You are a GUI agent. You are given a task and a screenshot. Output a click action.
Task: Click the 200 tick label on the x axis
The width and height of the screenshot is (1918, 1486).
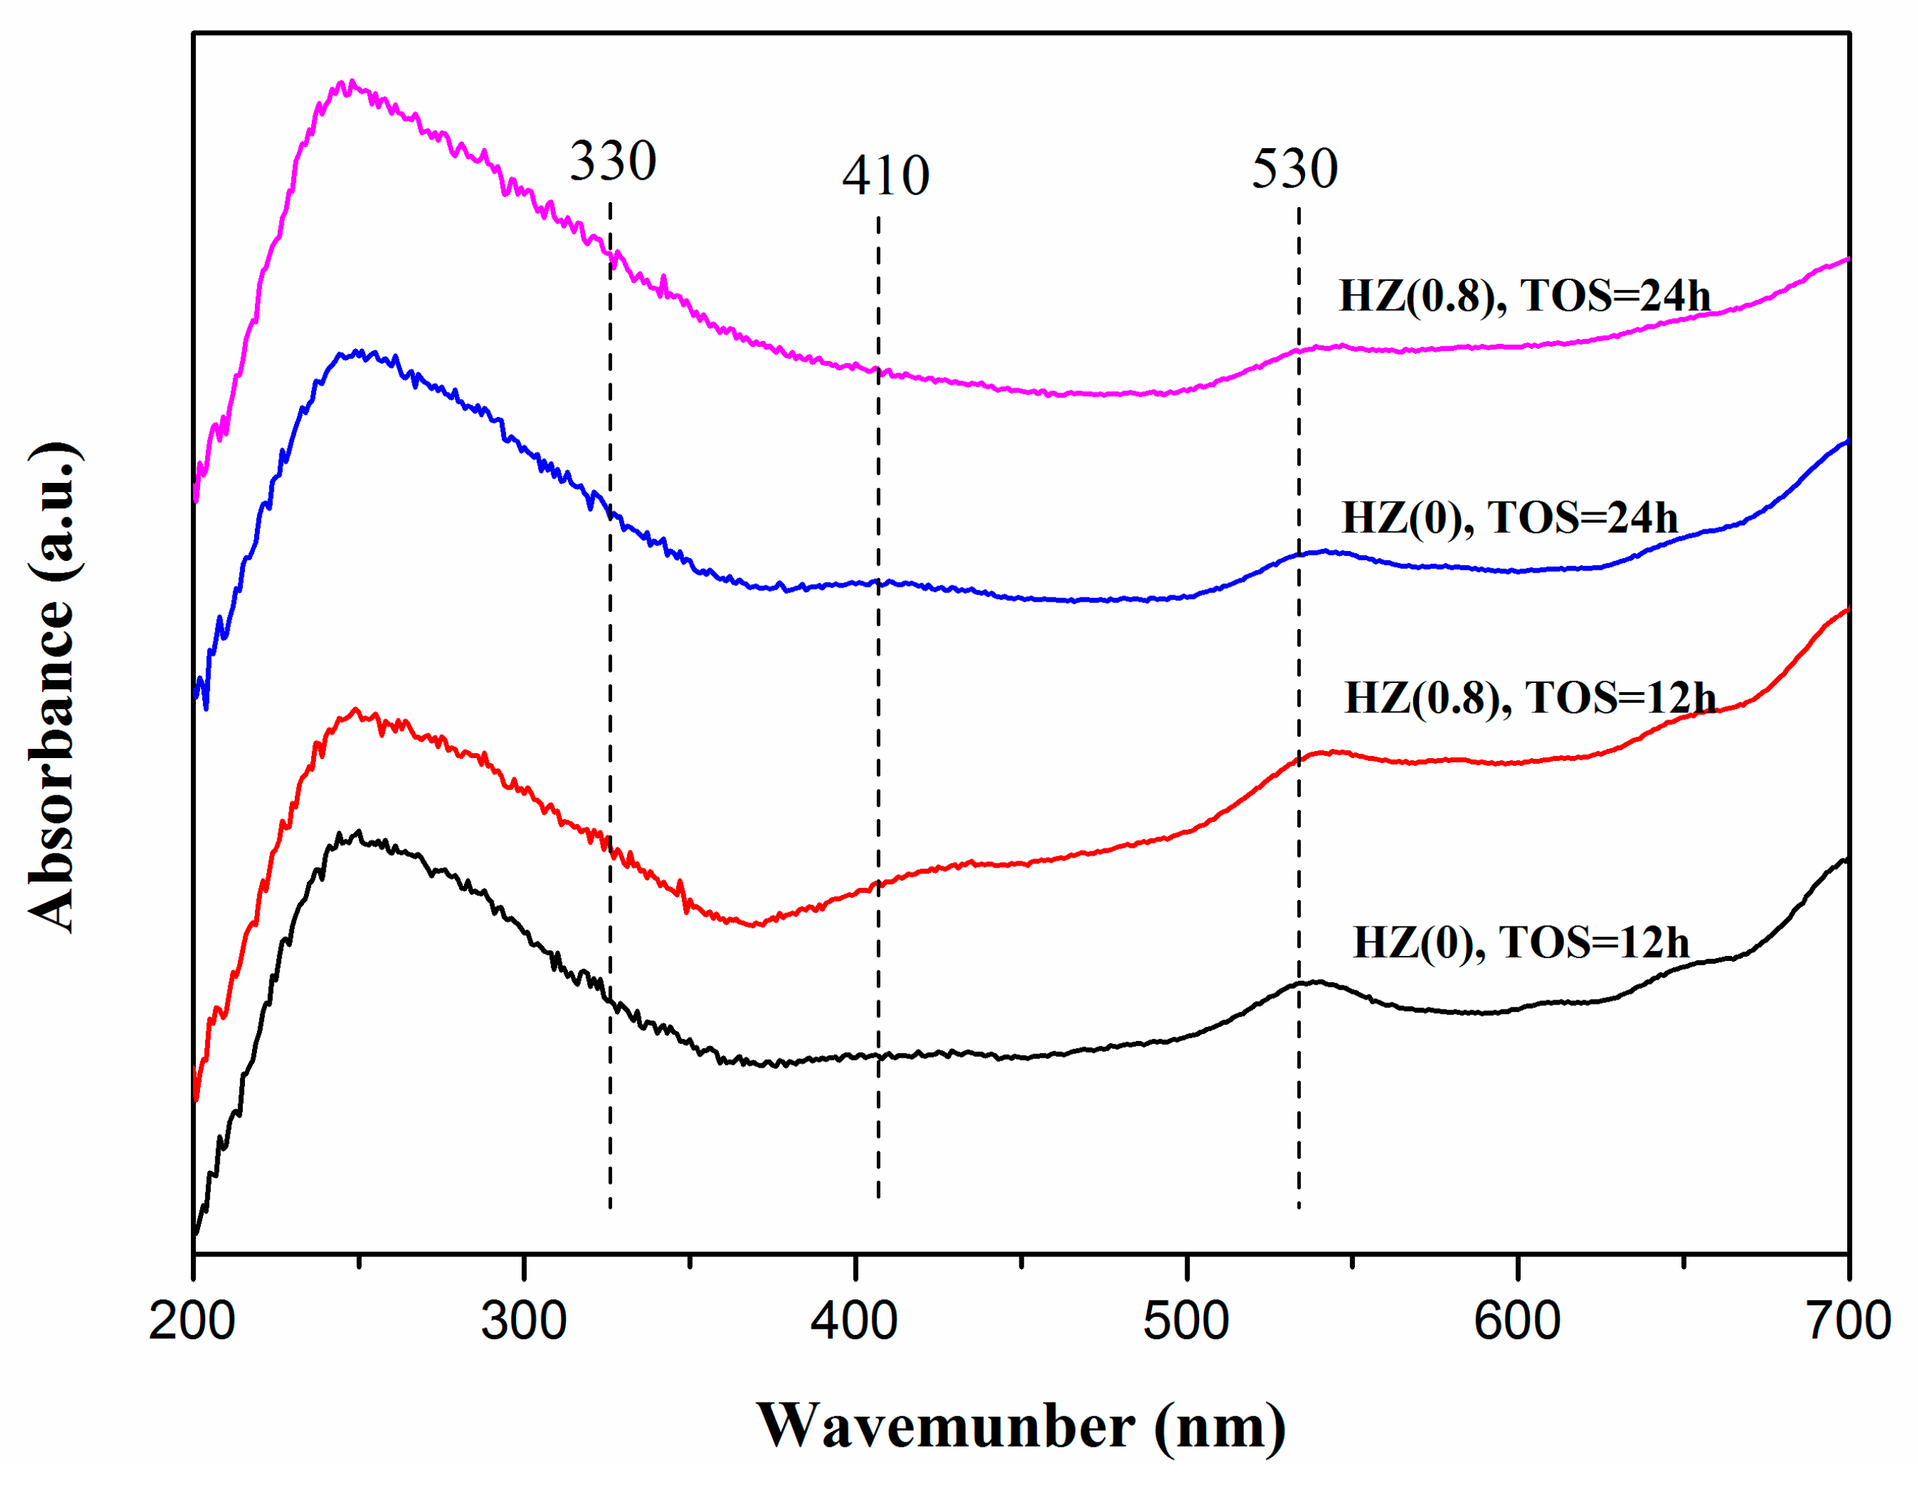pyautogui.click(x=192, y=1321)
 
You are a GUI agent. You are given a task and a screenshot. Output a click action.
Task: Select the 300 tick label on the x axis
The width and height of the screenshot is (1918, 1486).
pyautogui.click(x=524, y=1321)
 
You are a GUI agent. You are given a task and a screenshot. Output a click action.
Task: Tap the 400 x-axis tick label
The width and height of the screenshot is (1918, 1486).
pyautogui.click(x=854, y=1321)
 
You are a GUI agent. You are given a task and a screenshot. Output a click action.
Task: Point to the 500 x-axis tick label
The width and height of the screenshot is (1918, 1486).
pyautogui.click(x=1186, y=1321)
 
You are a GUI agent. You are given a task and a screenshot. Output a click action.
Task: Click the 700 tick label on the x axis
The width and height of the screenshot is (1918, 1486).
pyautogui.click(x=1848, y=1321)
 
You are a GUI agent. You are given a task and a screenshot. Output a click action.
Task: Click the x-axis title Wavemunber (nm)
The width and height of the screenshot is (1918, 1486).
pyautogui.click(x=1021, y=1426)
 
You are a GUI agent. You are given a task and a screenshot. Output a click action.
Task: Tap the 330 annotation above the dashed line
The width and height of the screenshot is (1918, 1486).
pyautogui.click(x=613, y=161)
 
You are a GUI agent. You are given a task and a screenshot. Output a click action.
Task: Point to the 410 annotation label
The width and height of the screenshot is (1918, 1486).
pyautogui.click(x=885, y=175)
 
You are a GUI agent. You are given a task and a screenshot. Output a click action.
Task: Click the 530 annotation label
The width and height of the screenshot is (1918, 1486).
pyautogui.click(x=1295, y=168)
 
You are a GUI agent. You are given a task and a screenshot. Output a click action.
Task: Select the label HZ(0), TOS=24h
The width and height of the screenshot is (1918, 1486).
pyautogui.click(x=1509, y=518)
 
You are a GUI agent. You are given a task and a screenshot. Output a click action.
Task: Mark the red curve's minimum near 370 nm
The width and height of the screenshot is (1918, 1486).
pyautogui.click(x=755, y=924)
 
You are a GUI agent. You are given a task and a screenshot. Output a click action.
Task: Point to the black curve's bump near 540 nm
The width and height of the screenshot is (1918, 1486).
pyautogui.click(x=1316, y=982)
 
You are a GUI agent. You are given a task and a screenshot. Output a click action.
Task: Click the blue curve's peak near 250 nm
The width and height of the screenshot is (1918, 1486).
pyautogui.click(x=357, y=352)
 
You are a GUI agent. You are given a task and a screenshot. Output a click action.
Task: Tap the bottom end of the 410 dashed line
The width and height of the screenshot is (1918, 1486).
pyautogui.click(x=878, y=1196)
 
